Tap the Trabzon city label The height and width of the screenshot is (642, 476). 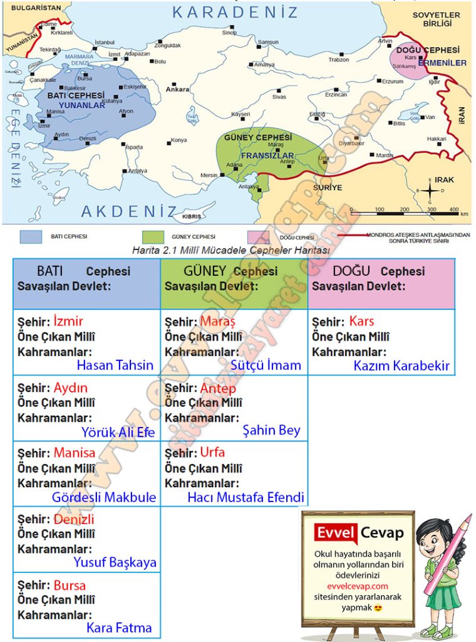tap(338, 60)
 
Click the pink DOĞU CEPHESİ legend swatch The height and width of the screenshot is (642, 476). tap(258, 237)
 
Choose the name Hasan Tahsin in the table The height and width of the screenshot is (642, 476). tap(115, 365)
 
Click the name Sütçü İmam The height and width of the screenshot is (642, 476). tap(266, 365)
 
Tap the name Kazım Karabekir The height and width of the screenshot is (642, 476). tap(401, 366)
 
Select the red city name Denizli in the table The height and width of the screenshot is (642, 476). tap(74, 519)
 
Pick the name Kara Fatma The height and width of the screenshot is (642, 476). tap(119, 628)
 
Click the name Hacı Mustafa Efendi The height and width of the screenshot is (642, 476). tap(246, 498)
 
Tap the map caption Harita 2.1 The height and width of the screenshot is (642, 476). tap(230, 249)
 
